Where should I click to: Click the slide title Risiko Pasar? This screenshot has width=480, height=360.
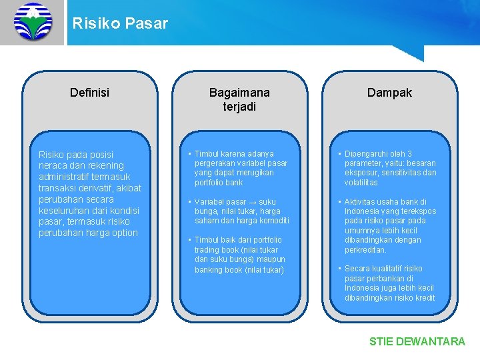click(x=120, y=24)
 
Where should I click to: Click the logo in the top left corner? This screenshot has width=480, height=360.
click(x=32, y=22)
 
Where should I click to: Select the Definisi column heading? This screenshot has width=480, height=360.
click(x=89, y=93)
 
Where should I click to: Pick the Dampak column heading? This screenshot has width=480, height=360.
click(x=389, y=93)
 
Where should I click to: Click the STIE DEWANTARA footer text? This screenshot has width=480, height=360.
click(x=417, y=341)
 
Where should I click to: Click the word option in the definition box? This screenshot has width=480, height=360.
click(x=124, y=233)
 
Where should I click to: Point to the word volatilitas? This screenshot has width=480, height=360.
click(x=361, y=182)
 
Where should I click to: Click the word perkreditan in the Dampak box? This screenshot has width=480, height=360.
click(x=365, y=249)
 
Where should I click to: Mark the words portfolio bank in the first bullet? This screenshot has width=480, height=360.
click(x=219, y=182)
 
